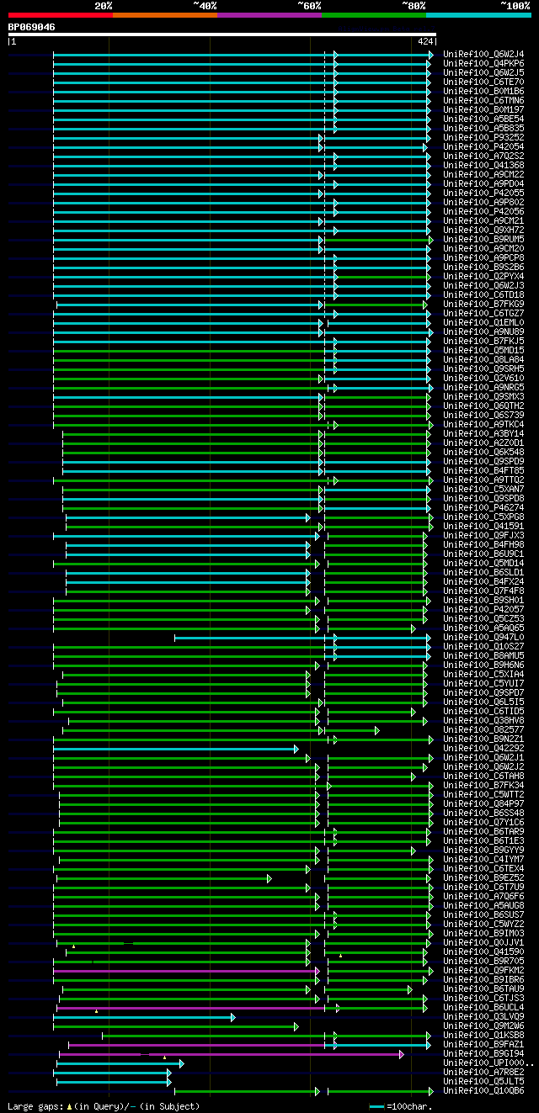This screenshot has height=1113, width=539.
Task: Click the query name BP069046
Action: (x=32, y=27)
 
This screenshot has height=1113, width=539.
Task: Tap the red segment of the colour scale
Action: (x=60, y=14)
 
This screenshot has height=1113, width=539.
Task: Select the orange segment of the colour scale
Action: (x=164, y=14)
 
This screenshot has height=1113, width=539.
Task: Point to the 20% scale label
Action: (x=104, y=5)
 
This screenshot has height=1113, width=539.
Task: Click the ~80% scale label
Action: (x=413, y=5)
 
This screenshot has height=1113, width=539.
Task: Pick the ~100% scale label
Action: (x=515, y=5)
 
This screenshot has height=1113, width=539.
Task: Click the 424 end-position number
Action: (x=424, y=40)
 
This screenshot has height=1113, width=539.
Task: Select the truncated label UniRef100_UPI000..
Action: (x=486, y=1063)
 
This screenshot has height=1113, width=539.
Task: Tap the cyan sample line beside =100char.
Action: (x=376, y=1106)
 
